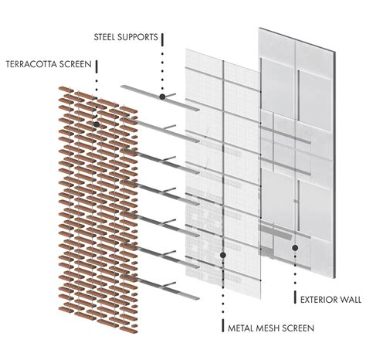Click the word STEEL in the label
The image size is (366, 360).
click(x=103, y=37)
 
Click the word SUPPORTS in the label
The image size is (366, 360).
click(x=137, y=37)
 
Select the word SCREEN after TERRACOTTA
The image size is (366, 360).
click(x=76, y=64)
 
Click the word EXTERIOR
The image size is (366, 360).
click(x=319, y=300)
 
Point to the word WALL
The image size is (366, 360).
click(x=351, y=300)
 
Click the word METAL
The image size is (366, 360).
click(x=239, y=328)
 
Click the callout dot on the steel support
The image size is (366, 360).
click(x=162, y=97)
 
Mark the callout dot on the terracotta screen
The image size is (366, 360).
click(x=97, y=124)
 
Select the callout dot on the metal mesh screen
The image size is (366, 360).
click(x=223, y=255)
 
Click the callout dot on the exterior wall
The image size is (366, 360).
click(x=295, y=248)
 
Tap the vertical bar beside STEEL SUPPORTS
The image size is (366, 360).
click(x=162, y=39)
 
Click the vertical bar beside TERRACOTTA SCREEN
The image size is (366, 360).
click(x=97, y=66)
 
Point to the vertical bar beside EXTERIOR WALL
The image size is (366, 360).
click(x=295, y=297)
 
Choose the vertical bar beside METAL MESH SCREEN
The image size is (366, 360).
click(x=223, y=326)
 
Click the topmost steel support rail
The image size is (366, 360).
click(x=160, y=98)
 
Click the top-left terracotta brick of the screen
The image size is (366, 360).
click(x=66, y=90)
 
